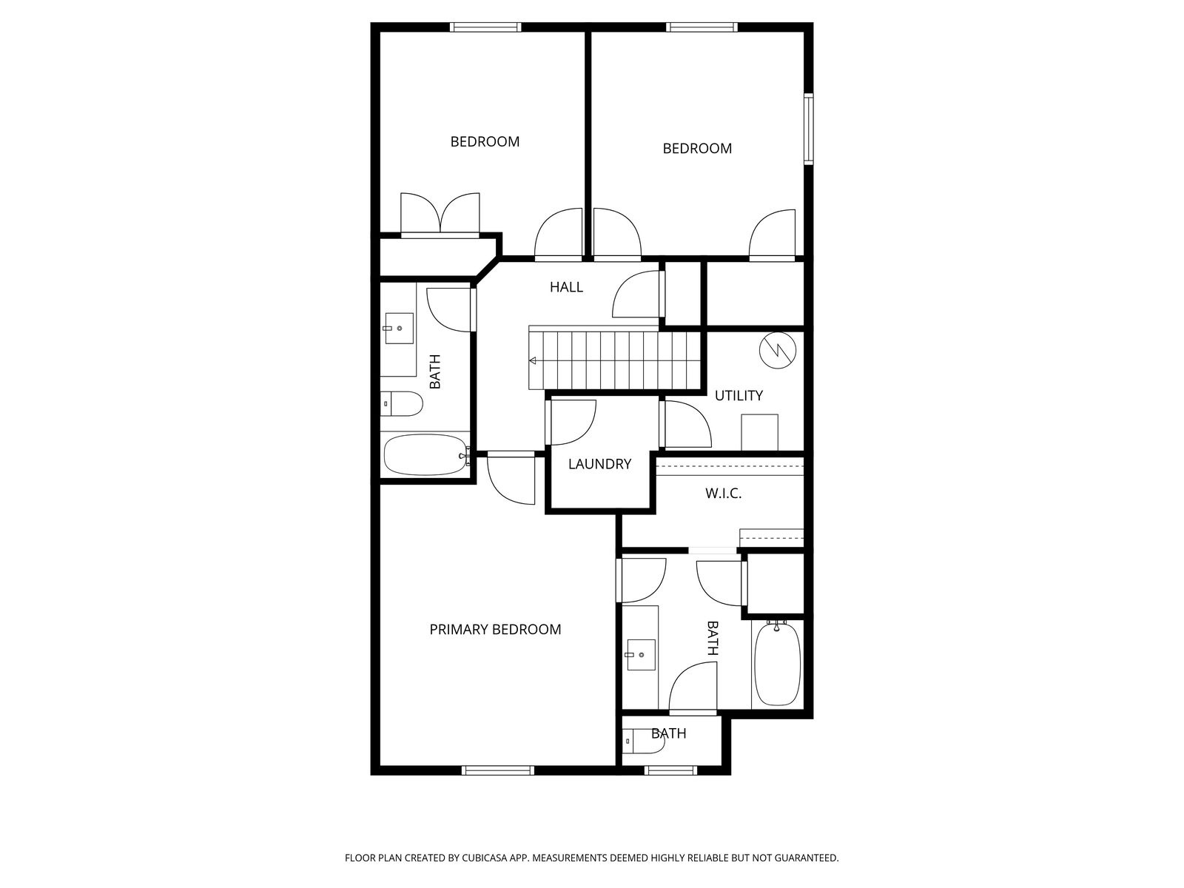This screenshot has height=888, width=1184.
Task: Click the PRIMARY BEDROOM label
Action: pyautogui.click(x=495, y=629)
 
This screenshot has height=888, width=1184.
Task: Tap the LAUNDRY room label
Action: pyautogui.click(x=599, y=464)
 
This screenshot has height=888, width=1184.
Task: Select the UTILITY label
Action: pyautogui.click(x=739, y=396)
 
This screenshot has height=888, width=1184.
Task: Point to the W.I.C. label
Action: pyautogui.click(x=723, y=494)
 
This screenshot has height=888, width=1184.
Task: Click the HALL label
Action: pyautogui.click(x=566, y=287)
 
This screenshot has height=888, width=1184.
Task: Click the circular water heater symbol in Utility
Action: pyautogui.click(x=778, y=349)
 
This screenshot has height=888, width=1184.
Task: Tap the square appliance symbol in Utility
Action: pyautogui.click(x=759, y=432)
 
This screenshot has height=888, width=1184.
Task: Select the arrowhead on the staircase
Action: pyautogui.click(x=532, y=361)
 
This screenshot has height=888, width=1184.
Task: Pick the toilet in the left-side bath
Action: pyautogui.click(x=401, y=403)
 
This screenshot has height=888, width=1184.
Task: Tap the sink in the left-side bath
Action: pyautogui.click(x=398, y=329)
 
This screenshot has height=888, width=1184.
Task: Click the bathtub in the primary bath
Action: pyautogui.click(x=777, y=663)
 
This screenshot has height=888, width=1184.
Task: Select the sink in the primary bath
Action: pyautogui.click(x=641, y=655)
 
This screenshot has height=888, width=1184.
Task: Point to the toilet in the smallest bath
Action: pyautogui.click(x=643, y=740)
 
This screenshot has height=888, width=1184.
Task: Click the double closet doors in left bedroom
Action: pyautogui.click(x=440, y=215)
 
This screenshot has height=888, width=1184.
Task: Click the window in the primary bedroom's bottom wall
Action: pyautogui.click(x=497, y=770)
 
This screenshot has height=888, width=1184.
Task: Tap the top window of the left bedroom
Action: pyautogui.click(x=485, y=27)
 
